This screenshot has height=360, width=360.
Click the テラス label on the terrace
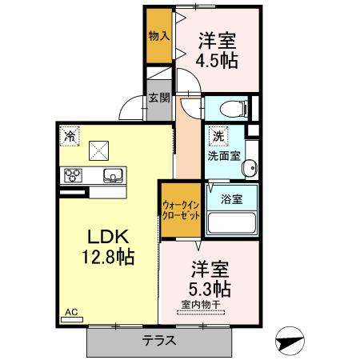click(160, 339)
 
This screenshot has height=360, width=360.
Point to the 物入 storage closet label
click(158, 37)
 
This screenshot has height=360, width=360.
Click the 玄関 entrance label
click(158, 98)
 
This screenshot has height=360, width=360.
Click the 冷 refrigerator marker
click(71, 136)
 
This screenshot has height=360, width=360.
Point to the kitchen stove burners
click(73, 176)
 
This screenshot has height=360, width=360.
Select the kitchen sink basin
click(111, 176)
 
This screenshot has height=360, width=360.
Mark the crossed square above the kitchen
click(101, 150)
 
